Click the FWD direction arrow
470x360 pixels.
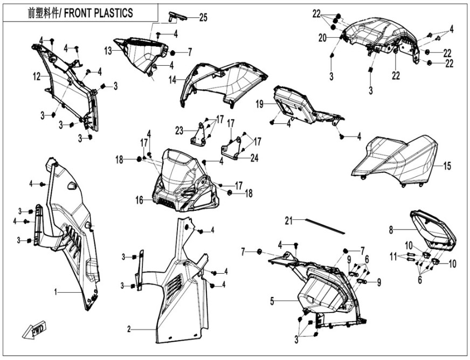pyautogui.click(x=34, y=330)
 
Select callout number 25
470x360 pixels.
pyautogui.click(x=203, y=17)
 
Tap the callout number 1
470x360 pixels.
pyautogui.click(x=55, y=292)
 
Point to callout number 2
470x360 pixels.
pyautogui.click(x=129, y=328)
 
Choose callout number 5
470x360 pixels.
pyautogui.click(x=273, y=300)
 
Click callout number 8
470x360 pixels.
pyautogui.click(x=391, y=230)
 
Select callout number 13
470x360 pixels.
pyautogui.click(x=108, y=50)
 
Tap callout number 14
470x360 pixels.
pyautogui.click(x=172, y=80)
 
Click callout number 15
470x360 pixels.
pyautogui.click(x=447, y=167)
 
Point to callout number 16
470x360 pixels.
pyautogui.click(x=140, y=200)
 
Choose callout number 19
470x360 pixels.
pyautogui.click(x=260, y=104)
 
